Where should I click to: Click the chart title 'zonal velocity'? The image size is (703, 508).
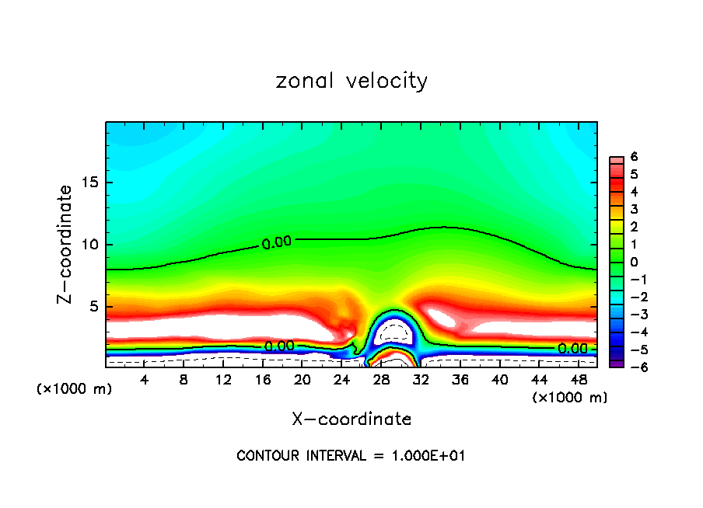pos(351,81)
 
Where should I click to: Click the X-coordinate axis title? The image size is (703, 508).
pos(351,419)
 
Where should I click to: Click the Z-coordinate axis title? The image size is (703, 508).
pos(66,244)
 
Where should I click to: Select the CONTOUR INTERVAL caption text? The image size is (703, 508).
pos(351,456)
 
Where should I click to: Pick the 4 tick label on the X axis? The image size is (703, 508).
pos(144,380)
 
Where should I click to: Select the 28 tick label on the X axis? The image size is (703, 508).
pos(381,380)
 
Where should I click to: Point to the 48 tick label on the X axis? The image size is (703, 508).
pos(579,380)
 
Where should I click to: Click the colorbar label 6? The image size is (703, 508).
pos(634,157)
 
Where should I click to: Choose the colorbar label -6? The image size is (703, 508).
pos(631,367)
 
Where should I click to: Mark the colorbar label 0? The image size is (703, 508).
pos(634,262)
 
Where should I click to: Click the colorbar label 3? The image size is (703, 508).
pos(634,209)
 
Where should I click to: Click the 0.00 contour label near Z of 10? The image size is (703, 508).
pos(276,242)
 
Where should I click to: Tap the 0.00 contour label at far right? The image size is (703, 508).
pos(572,349)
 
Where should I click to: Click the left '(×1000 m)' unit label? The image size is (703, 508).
pos(75,388)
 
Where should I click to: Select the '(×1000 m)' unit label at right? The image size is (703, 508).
pos(570,398)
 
